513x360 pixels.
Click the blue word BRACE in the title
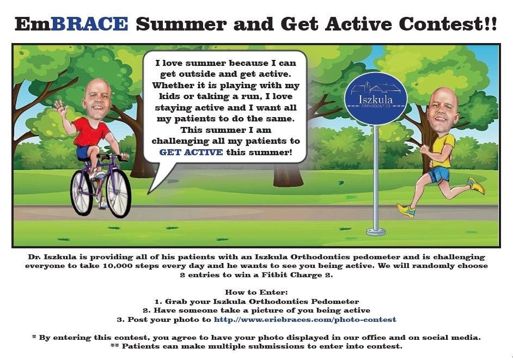point(89,23)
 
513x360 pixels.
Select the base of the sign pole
point(376,231)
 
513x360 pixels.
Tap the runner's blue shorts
point(439,174)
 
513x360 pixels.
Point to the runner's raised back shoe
point(476,186)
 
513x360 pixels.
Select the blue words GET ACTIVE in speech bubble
point(191,152)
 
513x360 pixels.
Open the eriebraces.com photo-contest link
point(304,320)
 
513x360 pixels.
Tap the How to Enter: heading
point(256,292)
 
